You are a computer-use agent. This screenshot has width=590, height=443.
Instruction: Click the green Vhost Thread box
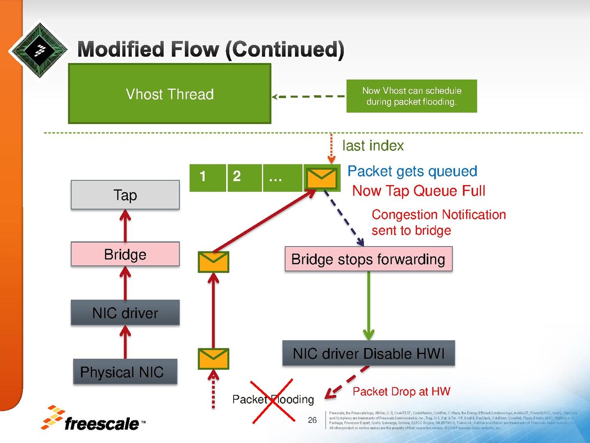(170, 94)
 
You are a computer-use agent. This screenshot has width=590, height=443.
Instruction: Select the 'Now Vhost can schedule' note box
(412, 96)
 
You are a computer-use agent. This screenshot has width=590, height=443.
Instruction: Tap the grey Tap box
(125, 195)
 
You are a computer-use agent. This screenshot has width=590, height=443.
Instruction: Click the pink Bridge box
(125, 254)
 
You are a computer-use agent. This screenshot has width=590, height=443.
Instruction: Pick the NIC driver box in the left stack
(125, 313)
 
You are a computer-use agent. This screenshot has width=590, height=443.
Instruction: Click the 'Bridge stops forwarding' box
(368, 259)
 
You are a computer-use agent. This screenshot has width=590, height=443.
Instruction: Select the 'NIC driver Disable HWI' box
(368, 353)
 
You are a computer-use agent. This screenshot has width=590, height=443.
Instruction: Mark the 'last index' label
(373, 146)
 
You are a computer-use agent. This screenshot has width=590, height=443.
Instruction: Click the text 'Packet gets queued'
(412, 171)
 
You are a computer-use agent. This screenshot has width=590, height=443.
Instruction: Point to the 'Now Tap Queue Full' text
(418, 191)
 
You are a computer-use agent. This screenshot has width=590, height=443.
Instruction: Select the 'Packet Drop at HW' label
(401, 392)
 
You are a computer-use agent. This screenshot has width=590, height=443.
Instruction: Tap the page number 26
(312, 420)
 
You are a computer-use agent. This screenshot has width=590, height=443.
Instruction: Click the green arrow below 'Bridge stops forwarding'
(368, 305)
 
